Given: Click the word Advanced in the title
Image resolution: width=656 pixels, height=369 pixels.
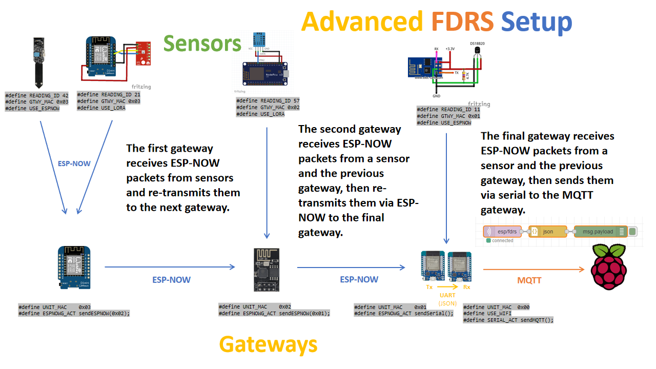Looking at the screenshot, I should pos(362,22).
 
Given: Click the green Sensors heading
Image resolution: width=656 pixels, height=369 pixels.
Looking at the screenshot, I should pos(202,44).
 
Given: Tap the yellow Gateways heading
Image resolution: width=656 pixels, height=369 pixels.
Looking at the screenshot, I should pos(268,344).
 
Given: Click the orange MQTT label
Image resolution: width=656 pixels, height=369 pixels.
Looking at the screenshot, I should pos(529,280).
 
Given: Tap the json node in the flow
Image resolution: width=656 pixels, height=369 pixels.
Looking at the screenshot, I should pos(547,232).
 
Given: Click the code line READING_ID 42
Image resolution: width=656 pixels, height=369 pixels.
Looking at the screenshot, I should pos(37,95).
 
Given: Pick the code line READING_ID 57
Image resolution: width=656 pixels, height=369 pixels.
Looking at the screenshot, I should pos(268,101).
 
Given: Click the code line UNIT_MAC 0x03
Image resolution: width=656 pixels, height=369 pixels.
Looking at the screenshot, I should pos(55,307).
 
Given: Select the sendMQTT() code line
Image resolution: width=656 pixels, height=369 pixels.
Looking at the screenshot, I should pos(508,320).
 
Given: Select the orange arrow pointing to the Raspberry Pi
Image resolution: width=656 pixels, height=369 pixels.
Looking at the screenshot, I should pos(533,269).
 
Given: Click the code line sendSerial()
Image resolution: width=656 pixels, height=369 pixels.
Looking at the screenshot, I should pos(403,313).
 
